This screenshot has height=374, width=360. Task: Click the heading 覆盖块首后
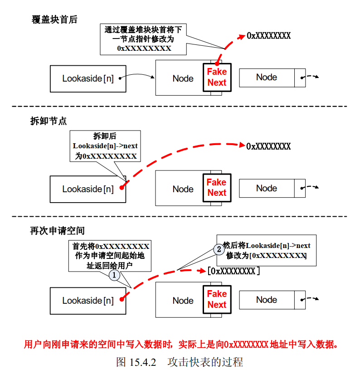[x=54, y=19]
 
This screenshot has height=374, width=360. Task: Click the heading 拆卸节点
[x=49, y=121]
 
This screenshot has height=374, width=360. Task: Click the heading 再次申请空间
[x=58, y=231]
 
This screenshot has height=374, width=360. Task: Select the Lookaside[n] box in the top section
[x=88, y=78]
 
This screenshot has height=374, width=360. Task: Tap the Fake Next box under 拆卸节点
[x=217, y=187]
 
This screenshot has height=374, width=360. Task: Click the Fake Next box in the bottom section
[x=217, y=299]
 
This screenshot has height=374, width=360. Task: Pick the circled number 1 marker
[x=114, y=275]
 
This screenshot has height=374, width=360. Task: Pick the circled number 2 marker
[x=219, y=249]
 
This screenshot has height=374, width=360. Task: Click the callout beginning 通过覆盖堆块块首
[x=144, y=39]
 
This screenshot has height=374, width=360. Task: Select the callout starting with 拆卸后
[x=105, y=146]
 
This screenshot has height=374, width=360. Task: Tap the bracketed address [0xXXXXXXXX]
[x=234, y=271]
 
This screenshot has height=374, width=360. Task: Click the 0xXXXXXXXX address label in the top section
[x=268, y=35]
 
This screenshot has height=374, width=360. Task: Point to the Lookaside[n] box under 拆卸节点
[x=88, y=189]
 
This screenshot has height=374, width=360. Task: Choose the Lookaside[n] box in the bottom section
[x=88, y=301]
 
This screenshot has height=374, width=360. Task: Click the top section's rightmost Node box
[x=267, y=78]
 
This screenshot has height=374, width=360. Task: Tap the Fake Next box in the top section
[x=217, y=78]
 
